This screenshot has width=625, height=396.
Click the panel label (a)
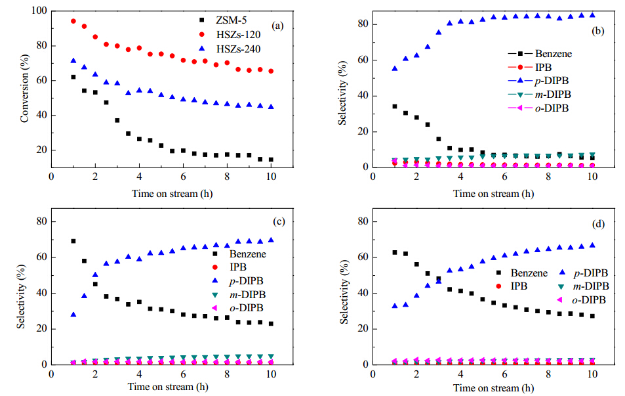click(x=278, y=26)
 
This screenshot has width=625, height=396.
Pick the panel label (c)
click(x=279, y=222)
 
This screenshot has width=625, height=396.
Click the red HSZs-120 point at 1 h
click(x=73, y=21)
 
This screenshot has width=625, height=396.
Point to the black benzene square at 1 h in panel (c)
click(x=73, y=241)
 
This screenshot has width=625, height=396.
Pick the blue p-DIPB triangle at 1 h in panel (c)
click(x=73, y=315)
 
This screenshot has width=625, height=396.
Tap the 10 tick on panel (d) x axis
click(x=592, y=376)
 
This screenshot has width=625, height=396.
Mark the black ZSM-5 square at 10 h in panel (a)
click(x=271, y=160)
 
